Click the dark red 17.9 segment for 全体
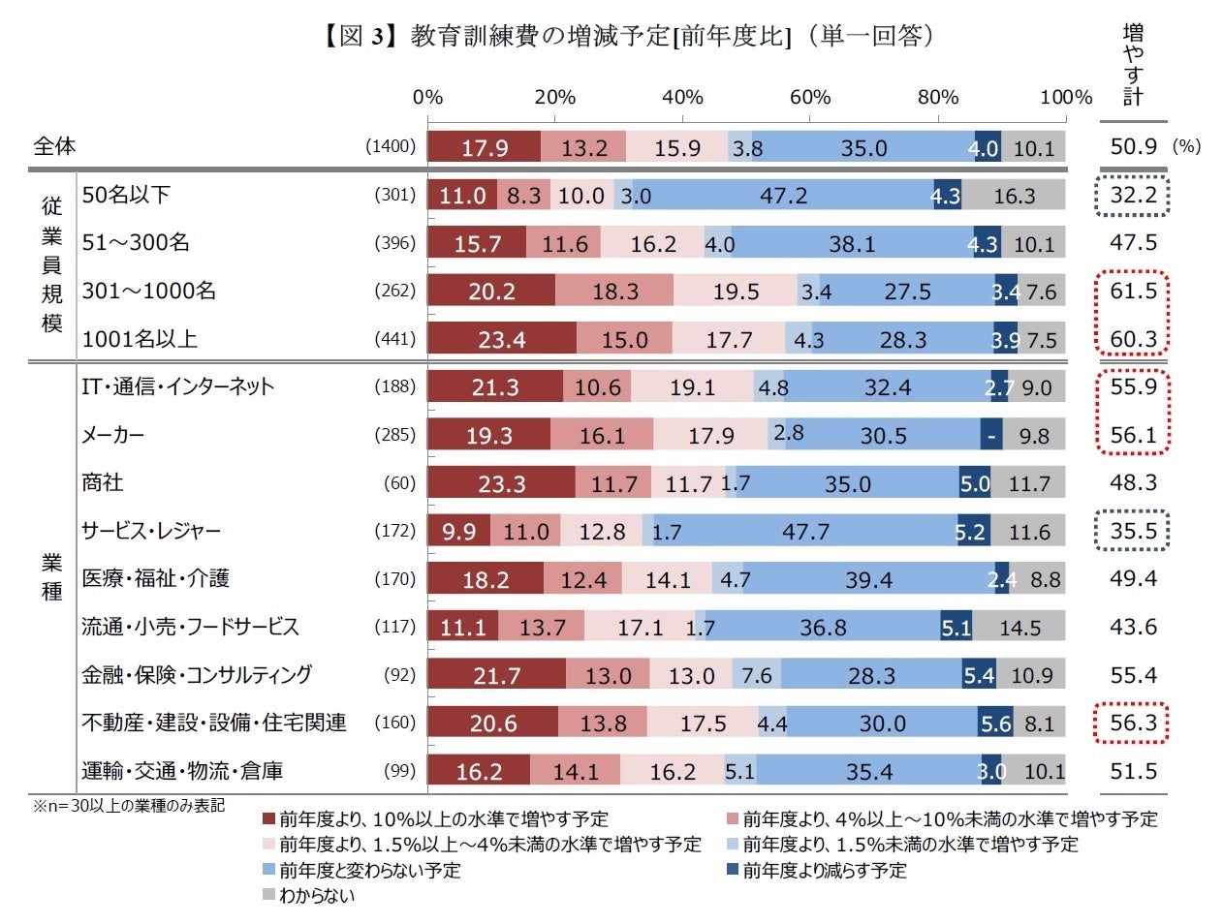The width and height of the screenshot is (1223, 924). (x=484, y=147)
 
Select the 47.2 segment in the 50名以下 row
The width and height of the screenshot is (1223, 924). (x=783, y=196)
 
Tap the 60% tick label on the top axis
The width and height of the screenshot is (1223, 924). (x=809, y=97)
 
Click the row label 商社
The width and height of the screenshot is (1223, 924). (x=103, y=482)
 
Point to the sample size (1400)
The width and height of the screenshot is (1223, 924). (x=391, y=146)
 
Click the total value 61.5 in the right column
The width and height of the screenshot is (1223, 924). (x=1133, y=291)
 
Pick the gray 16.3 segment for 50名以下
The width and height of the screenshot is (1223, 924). (x=1014, y=196)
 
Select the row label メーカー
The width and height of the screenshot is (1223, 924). (x=113, y=435)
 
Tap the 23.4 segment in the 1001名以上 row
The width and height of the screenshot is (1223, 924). (x=501, y=340)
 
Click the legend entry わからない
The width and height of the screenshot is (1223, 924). (x=316, y=896)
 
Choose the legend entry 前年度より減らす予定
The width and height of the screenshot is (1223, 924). (x=824, y=871)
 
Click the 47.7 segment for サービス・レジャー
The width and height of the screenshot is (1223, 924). (x=805, y=532)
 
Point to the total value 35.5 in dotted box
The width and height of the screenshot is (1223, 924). (x=1133, y=531)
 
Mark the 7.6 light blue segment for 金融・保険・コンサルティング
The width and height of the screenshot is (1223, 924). (x=756, y=675)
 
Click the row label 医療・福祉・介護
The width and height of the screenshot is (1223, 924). (x=155, y=578)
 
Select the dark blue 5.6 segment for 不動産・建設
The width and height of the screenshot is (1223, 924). (x=994, y=724)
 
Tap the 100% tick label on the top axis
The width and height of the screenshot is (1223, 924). (x=1065, y=97)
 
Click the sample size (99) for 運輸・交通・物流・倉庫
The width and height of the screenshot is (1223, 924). (x=399, y=771)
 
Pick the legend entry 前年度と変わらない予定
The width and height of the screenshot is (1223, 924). (x=369, y=871)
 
